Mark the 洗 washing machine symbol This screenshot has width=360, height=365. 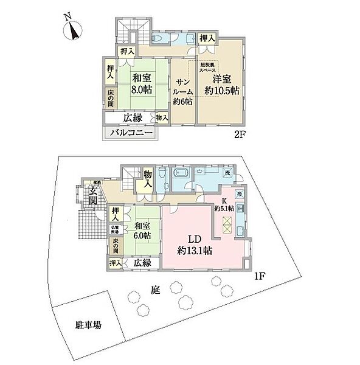point(227,173)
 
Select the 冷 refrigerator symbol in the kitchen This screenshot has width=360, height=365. point(240,194)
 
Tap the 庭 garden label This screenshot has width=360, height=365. point(155,291)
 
